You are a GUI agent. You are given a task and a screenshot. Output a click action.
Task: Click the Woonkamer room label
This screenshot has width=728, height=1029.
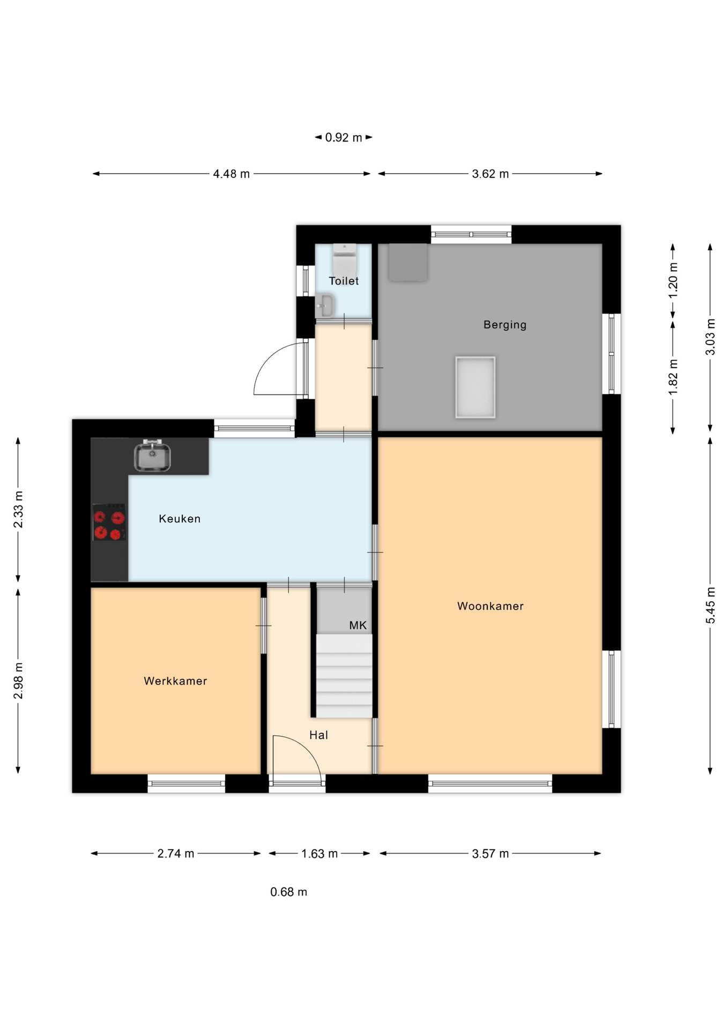click(x=490, y=606)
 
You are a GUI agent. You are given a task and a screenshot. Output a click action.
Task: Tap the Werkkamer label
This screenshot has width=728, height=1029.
click(x=175, y=681)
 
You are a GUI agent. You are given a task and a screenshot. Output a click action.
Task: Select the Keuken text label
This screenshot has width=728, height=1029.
click(x=180, y=519)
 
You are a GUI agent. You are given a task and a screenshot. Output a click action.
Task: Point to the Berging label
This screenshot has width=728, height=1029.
click(x=505, y=325)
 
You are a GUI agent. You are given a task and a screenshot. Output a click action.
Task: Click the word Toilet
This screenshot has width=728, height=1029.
click(x=344, y=281)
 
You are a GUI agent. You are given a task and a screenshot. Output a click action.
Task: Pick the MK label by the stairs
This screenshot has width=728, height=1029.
click(x=358, y=625)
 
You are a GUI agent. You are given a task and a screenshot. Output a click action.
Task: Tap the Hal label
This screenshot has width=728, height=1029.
click(x=318, y=735)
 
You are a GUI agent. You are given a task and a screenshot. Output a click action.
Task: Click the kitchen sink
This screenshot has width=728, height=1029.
click(x=152, y=456)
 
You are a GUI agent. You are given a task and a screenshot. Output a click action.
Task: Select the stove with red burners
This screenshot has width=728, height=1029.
click(x=109, y=522)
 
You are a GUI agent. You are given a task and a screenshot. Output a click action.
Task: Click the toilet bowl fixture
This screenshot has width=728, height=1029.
click(x=344, y=259)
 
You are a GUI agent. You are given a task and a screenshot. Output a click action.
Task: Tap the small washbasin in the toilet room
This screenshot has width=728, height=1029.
click(x=324, y=305)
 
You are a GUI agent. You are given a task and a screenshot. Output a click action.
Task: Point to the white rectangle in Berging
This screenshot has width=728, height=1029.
click(x=476, y=387)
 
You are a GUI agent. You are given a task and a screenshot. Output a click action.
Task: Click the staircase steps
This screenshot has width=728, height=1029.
click(x=344, y=676)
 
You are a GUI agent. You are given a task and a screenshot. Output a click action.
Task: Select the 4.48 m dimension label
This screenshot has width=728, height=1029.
click(x=232, y=174)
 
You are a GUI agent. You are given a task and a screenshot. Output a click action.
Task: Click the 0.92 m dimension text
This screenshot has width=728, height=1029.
click(x=344, y=138)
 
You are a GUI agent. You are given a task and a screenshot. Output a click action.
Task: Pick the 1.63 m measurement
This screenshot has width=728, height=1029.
click(x=320, y=854)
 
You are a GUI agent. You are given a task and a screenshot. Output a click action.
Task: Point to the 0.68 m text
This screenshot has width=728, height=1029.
click(x=289, y=892)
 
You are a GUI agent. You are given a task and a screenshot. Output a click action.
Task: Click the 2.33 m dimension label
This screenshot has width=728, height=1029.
click(x=18, y=509)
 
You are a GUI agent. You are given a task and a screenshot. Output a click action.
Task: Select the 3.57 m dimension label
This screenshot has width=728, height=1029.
click(x=491, y=854)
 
